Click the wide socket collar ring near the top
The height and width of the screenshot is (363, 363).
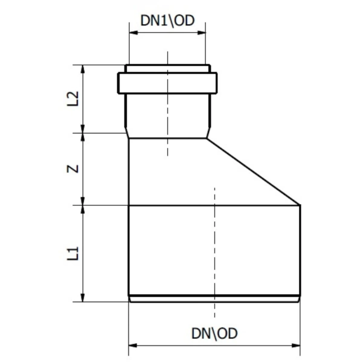tap(167, 82)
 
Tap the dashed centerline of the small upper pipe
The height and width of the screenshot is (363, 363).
tap(167, 121)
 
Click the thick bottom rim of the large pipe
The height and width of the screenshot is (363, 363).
tap(214, 298)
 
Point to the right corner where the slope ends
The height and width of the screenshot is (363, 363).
tap(300, 205)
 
